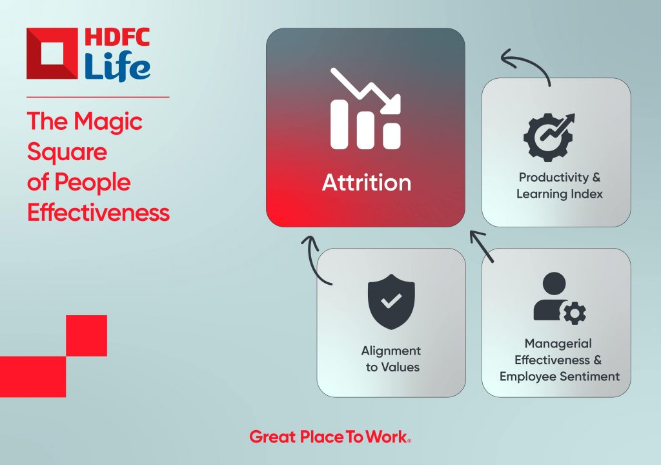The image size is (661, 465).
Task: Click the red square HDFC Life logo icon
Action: [x=52, y=54]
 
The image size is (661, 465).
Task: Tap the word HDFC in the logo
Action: [x=117, y=37]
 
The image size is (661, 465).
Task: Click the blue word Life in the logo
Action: [x=117, y=66]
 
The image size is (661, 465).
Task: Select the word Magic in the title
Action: [x=108, y=122]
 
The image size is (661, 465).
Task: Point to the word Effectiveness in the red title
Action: [x=99, y=212]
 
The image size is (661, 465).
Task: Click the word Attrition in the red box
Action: [x=367, y=183]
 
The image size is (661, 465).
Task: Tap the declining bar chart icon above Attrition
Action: [x=365, y=108]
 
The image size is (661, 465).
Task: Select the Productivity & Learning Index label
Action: [x=560, y=185]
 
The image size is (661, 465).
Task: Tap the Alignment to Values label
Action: [x=391, y=358]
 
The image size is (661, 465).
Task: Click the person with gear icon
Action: [x=559, y=298]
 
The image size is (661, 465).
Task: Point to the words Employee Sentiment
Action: [x=560, y=377]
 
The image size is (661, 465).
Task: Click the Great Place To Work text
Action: [x=330, y=437]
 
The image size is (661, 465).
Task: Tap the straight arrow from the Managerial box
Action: [x=482, y=247]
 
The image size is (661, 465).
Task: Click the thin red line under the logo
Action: [x=98, y=97]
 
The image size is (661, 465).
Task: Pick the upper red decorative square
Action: [x=86, y=335]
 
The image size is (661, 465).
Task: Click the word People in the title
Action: [x=92, y=183]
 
